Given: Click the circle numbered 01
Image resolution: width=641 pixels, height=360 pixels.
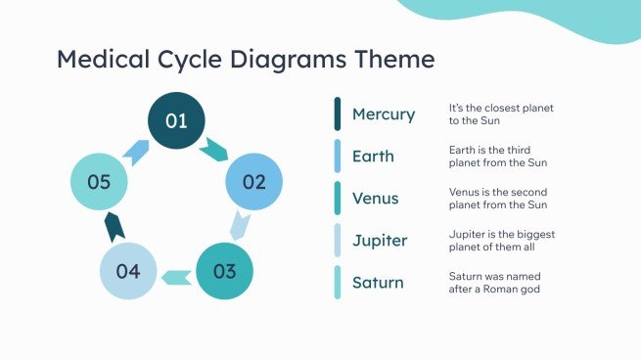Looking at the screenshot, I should [x=176, y=121].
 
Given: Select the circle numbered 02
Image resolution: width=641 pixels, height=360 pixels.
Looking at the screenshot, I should [x=253, y=181].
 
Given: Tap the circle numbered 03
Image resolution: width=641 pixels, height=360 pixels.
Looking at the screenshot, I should [x=224, y=271].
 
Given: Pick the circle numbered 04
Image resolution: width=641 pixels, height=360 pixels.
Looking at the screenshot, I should [x=128, y=271].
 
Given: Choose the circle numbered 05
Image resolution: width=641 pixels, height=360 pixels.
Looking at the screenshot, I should [x=99, y=181].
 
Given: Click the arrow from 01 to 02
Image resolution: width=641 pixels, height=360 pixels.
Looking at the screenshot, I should [x=214, y=150].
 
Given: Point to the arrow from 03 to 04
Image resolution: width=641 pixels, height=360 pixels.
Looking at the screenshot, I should [x=176, y=277].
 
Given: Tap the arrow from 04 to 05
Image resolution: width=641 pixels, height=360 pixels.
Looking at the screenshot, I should [x=114, y=227].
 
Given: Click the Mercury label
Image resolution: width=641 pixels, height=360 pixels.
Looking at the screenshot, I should [x=384, y=114].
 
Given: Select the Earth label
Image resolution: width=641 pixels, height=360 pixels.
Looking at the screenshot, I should [x=373, y=157].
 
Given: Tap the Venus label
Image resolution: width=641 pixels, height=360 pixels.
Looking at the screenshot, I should [x=376, y=199].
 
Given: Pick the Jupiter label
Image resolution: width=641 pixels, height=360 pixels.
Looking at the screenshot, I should [x=380, y=241].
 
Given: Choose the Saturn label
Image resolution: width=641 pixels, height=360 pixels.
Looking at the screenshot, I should [x=378, y=283].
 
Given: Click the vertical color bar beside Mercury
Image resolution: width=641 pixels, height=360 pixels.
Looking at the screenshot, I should [x=338, y=113].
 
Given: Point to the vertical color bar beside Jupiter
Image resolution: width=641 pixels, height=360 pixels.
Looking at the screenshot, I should [x=338, y=240].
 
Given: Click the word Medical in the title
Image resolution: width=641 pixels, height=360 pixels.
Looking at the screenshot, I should [x=104, y=60].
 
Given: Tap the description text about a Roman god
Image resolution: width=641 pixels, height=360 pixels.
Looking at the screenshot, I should [x=494, y=283].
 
